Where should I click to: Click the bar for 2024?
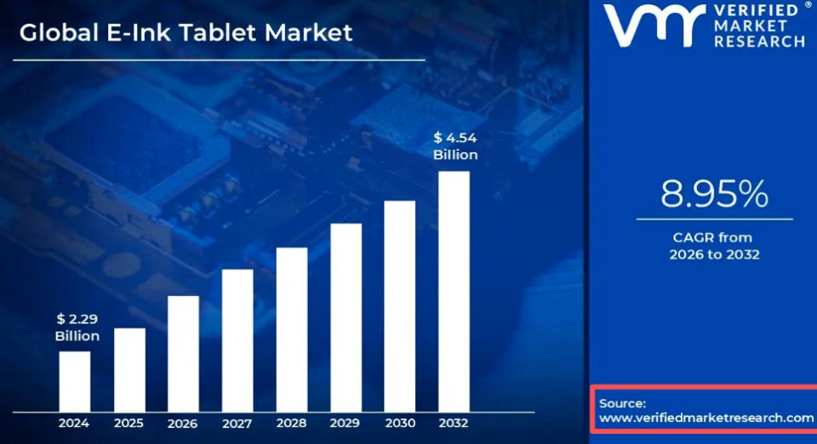[75, 382]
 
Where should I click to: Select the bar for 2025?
[129, 370]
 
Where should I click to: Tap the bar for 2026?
[184, 354]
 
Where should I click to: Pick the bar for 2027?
[237, 340]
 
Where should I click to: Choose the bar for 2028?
[292, 330]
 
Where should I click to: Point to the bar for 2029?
[346, 317]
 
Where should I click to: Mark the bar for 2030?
[400, 306]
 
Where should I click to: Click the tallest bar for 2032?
[454, 292]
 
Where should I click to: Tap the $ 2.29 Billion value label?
[77, 327]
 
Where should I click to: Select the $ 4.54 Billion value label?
[455, 146]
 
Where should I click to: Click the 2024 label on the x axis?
[74, 424]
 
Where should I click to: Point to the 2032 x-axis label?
[454, 424]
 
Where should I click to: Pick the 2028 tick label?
[291, 424]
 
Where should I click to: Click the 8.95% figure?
[714, 194]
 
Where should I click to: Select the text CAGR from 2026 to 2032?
[714, 246]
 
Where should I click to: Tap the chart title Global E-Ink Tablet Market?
[186, 33]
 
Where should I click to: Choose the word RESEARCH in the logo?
[759, 41]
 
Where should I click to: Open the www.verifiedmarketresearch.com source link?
[706, 418]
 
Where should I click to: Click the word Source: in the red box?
[622, 403]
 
